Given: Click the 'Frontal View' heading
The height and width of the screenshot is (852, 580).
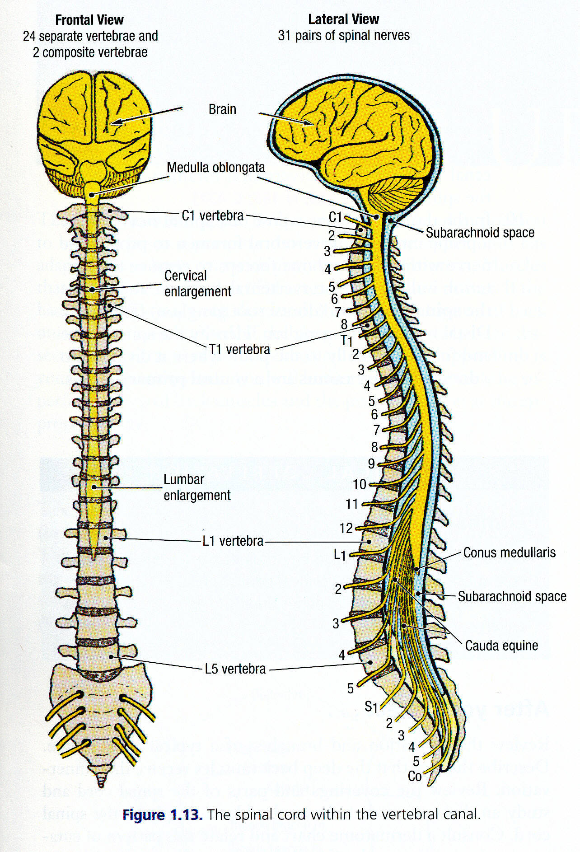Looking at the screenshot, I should pos(89,20).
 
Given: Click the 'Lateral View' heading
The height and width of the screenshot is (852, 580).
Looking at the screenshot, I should pos(343,19).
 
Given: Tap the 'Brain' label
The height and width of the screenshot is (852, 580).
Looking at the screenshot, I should pos(222,109).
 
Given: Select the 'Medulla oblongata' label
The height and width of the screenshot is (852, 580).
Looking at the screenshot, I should pos(215,168).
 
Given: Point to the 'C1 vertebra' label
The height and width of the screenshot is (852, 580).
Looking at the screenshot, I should pos(212,216).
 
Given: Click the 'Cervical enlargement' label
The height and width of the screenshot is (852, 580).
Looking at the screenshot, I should pos(197,284).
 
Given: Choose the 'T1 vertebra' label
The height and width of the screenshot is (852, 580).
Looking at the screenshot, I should pos(239,349).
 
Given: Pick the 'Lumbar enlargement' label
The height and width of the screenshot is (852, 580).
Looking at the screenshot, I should pos(197,487).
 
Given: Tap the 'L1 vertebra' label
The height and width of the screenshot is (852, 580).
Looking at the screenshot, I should pos(233,541).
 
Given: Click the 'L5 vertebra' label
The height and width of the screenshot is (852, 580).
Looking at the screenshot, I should pos(235,669).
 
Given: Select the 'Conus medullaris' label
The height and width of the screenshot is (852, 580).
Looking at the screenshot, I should pos(509,552).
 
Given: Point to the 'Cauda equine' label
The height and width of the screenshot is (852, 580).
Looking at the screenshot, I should pos(501,646).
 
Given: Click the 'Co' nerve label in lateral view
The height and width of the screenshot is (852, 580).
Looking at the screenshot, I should pos(414,776).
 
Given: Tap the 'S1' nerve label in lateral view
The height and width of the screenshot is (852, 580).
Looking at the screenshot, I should pos(371,706).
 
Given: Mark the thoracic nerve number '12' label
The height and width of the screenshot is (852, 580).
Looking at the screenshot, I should pos(346,528).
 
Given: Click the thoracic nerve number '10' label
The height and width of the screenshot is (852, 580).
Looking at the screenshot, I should pos(359,484).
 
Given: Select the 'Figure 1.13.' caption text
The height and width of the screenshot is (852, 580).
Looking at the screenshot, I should pos(162,815).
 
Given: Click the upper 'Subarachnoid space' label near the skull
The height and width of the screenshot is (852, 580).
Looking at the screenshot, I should pos(480,233).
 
